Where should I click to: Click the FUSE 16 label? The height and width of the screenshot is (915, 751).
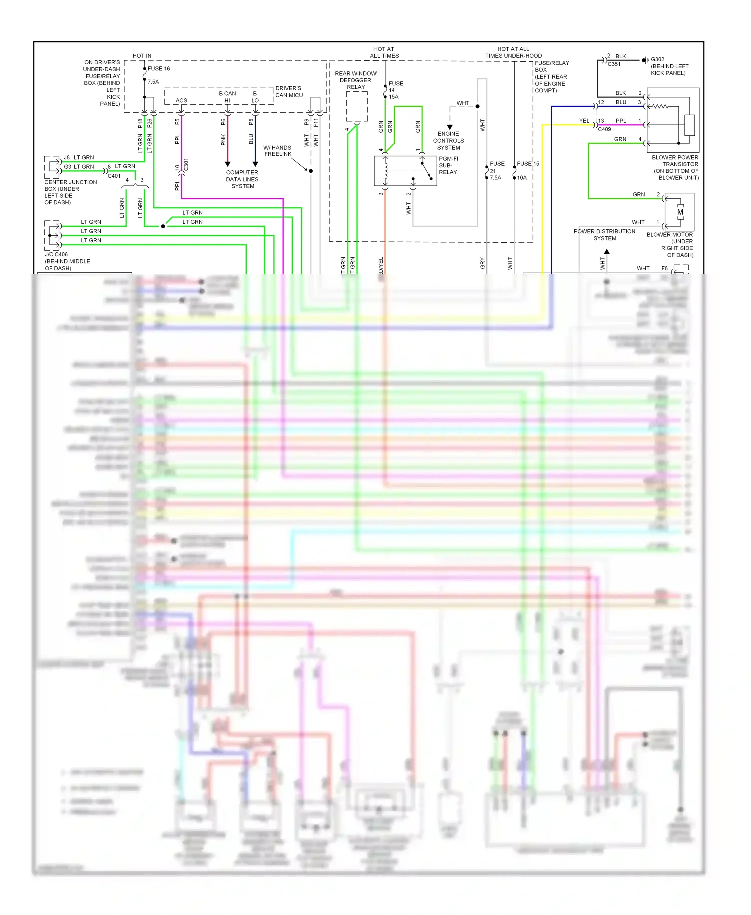(x=158, y=69)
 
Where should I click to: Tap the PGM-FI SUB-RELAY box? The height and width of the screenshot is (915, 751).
(x=405, y=171)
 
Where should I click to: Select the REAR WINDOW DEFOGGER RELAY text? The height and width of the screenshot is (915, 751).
(x=355, y=80)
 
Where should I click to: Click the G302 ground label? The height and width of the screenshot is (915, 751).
(x=657, y=59)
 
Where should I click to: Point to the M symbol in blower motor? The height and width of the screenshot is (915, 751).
(x=680, y=212)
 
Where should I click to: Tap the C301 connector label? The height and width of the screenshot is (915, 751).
(x=186, y=164)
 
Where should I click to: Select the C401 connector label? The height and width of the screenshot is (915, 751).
(x=114, y=176)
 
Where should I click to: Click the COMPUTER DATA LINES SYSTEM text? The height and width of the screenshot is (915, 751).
(x=242, y=179)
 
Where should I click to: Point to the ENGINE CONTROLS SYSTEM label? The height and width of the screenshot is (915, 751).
(x=448, y=141)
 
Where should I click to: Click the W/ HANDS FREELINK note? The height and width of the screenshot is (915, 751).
(x=277, y=151)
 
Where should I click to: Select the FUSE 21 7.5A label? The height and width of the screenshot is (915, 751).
(x=496, y=171)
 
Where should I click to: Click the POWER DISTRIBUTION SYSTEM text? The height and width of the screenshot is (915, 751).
(x=604, y=235)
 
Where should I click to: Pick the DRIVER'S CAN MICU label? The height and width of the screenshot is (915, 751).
(x=289, y=92)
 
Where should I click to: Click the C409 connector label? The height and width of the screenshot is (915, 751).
(x=604, y=129)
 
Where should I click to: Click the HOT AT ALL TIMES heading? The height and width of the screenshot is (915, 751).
(x=384, y=53)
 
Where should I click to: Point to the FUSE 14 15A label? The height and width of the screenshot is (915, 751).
(x=395, y=90)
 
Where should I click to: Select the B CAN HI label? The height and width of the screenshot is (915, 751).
(x=227, y=97)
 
